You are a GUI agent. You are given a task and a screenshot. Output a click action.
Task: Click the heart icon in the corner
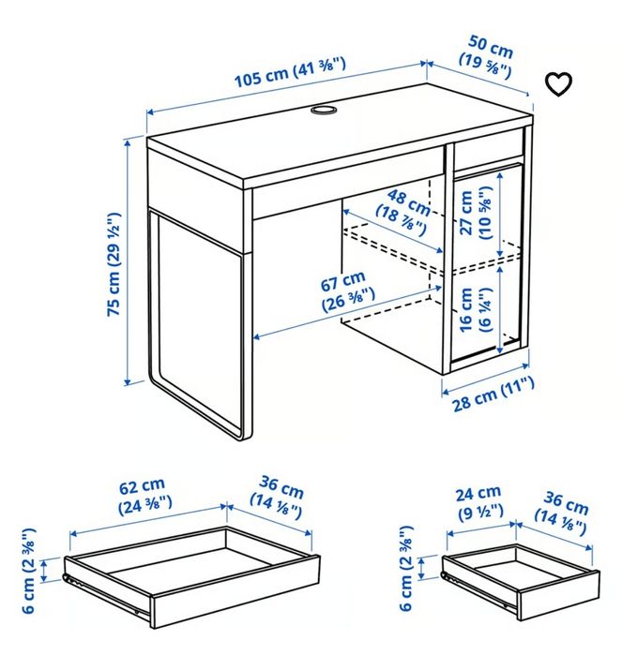558,84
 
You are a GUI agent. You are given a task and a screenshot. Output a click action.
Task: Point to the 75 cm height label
114,266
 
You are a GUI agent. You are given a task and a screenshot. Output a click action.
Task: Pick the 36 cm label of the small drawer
561,510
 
